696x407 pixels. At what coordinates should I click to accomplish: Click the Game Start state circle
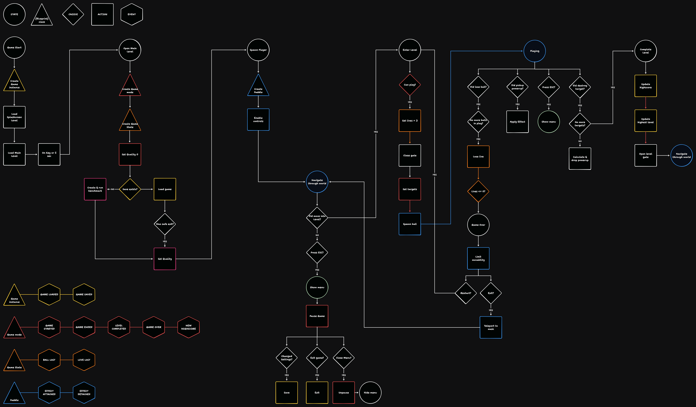14,48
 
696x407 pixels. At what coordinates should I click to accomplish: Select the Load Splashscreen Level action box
14,117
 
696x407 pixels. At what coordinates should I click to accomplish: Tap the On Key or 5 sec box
49,154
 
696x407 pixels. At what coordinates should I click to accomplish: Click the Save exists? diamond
130,189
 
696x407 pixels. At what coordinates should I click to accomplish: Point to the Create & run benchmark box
95,189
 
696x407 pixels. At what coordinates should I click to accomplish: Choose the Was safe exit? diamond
165,224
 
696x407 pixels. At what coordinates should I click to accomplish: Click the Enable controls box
258,120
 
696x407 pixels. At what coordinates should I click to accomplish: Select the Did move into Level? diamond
317,218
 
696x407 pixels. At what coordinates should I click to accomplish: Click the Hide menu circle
370,392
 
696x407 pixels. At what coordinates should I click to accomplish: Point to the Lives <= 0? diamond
478,191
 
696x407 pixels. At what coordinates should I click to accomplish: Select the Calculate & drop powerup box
580,159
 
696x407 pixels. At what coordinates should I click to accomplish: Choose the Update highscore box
645,86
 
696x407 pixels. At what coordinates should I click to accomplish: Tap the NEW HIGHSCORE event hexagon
188,327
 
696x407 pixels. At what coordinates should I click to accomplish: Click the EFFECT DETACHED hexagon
84,392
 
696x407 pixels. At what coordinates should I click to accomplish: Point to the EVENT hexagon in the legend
132,14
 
